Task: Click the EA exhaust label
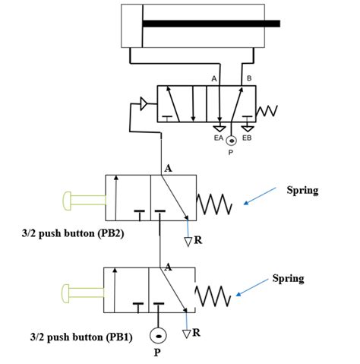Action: tap(218, 138)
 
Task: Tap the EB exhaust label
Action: tap(247, 138)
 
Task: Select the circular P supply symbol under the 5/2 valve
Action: tap(232, 141)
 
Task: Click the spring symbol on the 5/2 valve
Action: tap(270, 112)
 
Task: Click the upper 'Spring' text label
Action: tap(302, 189)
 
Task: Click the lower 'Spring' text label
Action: tap(288, 278)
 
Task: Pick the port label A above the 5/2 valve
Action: tap(215, 78)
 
